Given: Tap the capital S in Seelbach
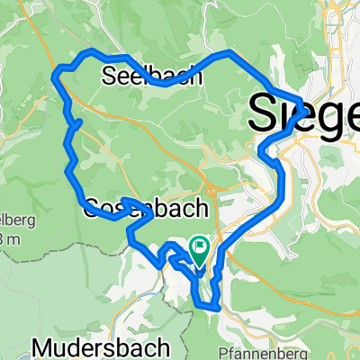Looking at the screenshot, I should tap(111, 77).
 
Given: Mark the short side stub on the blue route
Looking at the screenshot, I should tap(77, 122).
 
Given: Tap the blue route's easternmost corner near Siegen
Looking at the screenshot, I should tap(300, 101).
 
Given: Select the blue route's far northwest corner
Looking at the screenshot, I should tap(57, 70).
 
